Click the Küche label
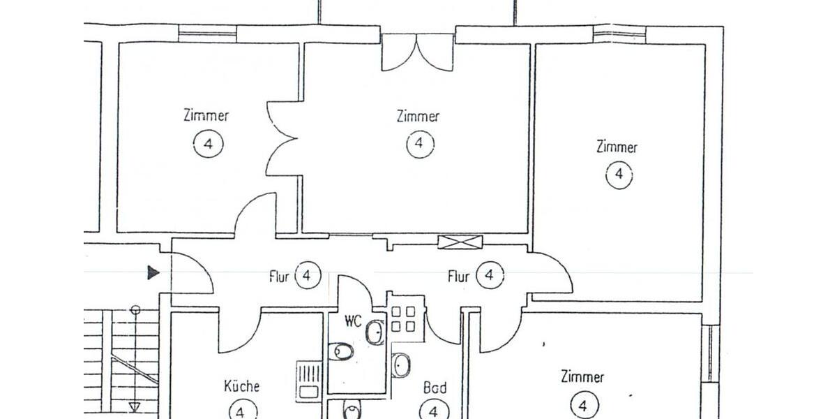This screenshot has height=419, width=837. pos(242,386)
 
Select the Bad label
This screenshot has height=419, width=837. pos(435,388)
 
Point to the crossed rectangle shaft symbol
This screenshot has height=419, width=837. pos(460,242)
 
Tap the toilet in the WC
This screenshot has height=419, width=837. pos(342,351)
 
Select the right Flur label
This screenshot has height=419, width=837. pos(458,277)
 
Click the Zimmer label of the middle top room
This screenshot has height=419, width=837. pos(418,117)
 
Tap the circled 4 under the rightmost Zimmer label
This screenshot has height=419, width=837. pos(619,175)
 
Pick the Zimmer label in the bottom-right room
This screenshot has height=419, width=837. pos(582,378)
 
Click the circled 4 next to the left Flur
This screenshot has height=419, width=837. pos(308,276)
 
